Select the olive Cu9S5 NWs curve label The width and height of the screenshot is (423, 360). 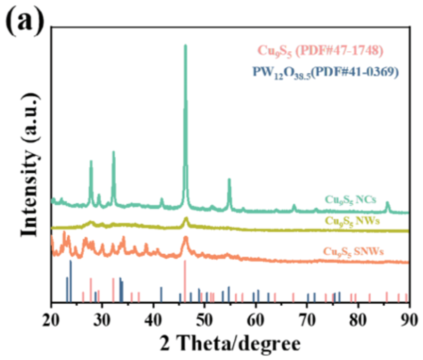click(x=351, y=220)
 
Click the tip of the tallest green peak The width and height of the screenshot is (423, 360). click(x=185, y=46)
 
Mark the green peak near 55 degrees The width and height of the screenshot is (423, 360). click(x=229, y=180)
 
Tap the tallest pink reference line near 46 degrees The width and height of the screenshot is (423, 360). click(x=185, y=282)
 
